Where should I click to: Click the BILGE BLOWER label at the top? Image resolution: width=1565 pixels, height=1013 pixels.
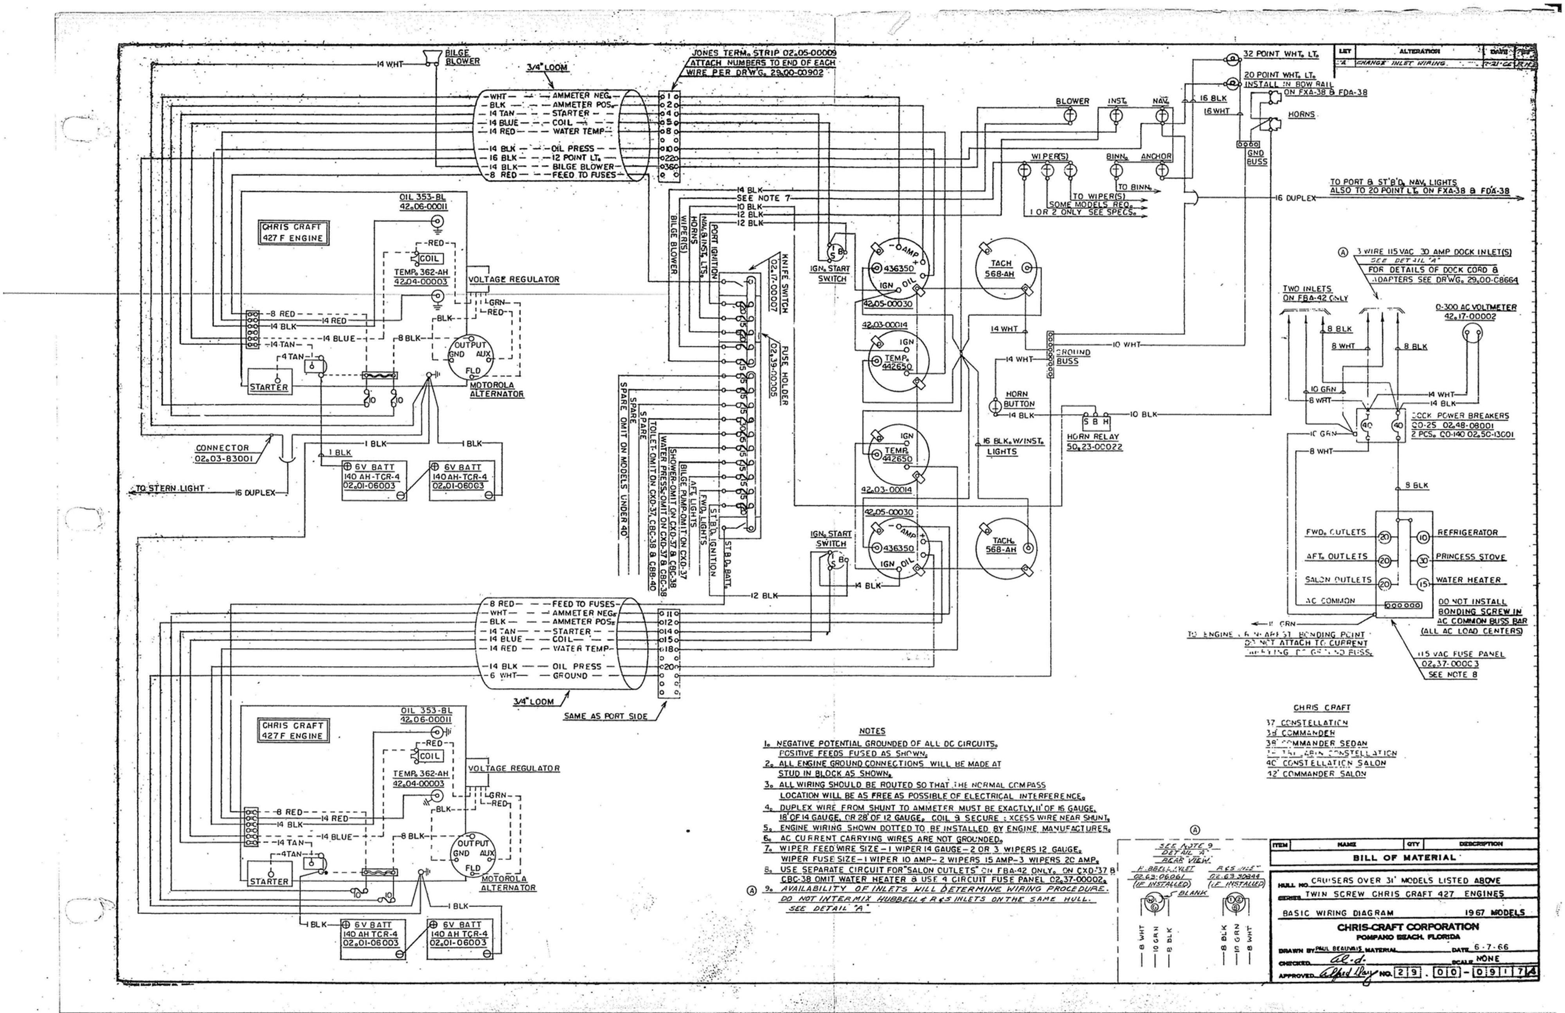pos(462,57)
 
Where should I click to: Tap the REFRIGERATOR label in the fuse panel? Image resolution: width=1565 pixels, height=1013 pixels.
pos(1467,532)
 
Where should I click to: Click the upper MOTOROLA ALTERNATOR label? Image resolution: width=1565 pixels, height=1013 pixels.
pos(496,389)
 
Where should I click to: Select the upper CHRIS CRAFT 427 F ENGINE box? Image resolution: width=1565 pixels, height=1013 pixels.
pos(293,232)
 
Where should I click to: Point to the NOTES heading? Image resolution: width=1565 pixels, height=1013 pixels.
pos(872,731)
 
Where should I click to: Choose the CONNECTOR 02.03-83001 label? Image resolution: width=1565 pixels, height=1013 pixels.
pos(223,452)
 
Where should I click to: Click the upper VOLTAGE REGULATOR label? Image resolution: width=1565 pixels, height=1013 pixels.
pos(514,279)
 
